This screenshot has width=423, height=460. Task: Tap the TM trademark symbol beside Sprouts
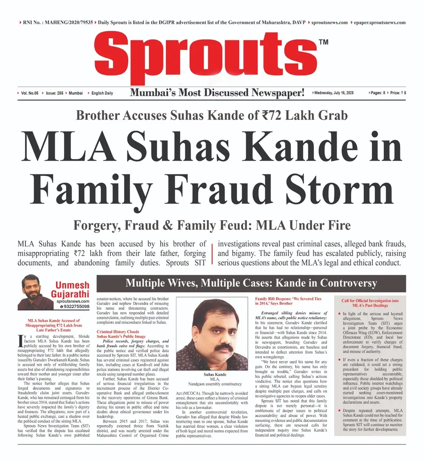pyautogui.click(x=323, y=42)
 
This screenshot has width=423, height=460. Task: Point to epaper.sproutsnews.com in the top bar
pyautogui.click(x=379, y=22)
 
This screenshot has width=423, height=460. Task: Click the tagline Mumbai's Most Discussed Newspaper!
pyautogui.click(x=217, y=93)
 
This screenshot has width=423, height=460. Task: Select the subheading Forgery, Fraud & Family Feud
pyautogui.click(x=211, y=225)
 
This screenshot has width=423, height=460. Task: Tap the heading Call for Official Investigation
pyautogui.click(x=370, y=303)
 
